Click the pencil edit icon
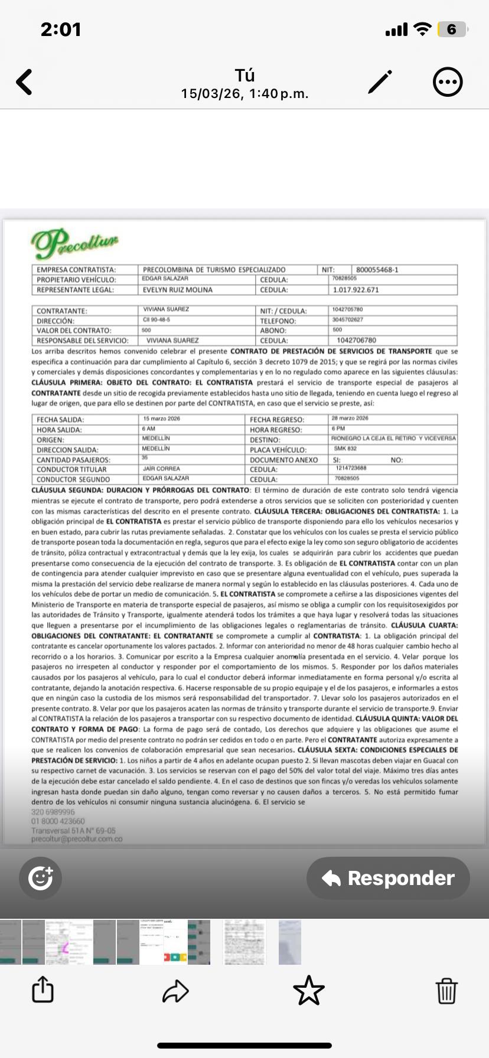[380, 82]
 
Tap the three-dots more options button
[448, 82]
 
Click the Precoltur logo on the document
[74, 243]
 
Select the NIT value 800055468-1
[377, 270]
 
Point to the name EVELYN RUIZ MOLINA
[178, 290]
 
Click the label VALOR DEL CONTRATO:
[74, 331]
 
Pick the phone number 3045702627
[348, 320]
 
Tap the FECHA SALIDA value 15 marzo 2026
[162, 419]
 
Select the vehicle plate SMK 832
[345, 449]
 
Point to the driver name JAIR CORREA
[161, 469]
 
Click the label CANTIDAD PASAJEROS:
[73, 459]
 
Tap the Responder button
[388, 878]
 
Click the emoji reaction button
[40, 878]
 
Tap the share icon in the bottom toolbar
[43, 990]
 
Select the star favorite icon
[309, 990]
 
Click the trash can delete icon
[446, 990]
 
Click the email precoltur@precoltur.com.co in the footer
[77, 839]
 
